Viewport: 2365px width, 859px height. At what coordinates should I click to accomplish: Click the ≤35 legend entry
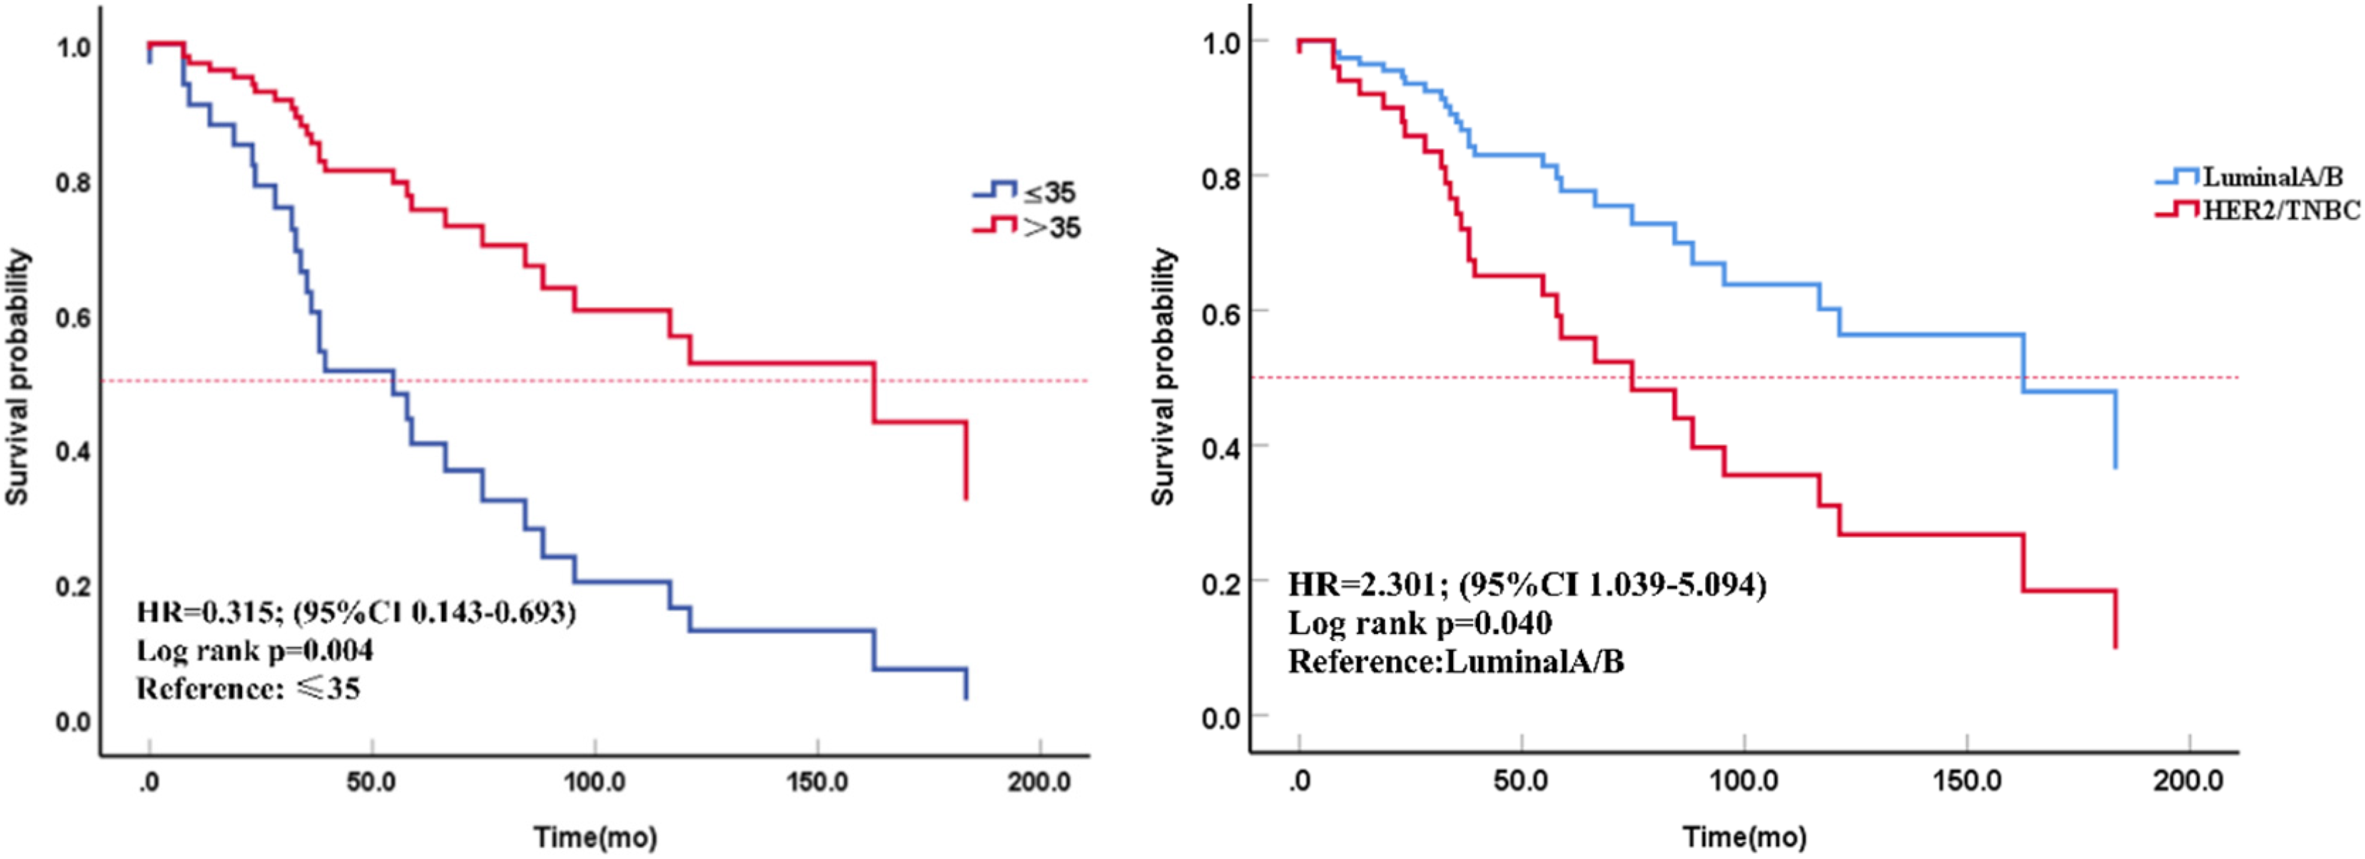(1024, 192)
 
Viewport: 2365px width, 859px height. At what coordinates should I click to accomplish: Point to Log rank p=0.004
(255, 651)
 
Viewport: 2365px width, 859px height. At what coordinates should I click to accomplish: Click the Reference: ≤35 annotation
(248, 689)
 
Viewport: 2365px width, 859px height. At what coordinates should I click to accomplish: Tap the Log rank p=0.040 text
(1420, 623)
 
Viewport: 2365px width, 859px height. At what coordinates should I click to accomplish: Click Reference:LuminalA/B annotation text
(1456, 661)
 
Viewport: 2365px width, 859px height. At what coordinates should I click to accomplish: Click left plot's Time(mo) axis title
(595, 837)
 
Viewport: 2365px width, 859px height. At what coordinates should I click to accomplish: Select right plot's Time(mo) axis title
(1744, 837)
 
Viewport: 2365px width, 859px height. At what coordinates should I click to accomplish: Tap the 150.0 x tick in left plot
(817, 782)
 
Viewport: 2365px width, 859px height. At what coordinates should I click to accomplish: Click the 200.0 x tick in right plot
(2190, 781)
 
